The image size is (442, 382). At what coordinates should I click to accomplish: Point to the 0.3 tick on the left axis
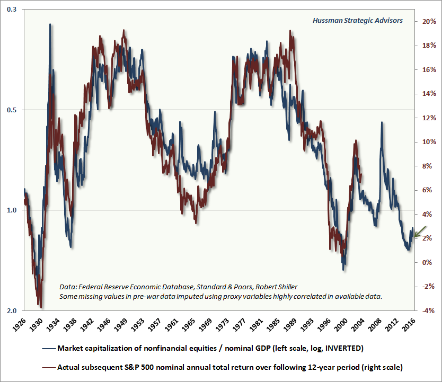click(x=12, y=10)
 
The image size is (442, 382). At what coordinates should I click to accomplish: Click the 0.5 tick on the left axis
click(x=12, y=110)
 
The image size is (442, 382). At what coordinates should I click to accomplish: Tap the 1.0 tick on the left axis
click(x=12, y=210)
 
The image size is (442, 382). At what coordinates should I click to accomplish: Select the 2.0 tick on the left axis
click(x=12, y=310)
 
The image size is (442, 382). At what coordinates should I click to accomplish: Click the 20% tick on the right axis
click(x=429, y=22)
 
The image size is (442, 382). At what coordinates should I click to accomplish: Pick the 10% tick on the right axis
click(x=429, y=142)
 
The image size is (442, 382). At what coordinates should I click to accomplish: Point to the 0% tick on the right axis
click(x=427, y=263)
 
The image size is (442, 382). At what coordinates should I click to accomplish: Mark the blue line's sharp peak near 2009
click(x=382, y=122)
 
